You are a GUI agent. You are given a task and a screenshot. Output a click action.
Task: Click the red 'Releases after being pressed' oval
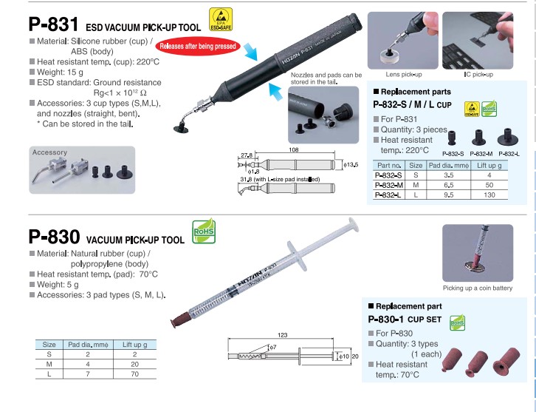198,46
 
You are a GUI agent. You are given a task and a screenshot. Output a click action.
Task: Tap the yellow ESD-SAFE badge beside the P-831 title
221,19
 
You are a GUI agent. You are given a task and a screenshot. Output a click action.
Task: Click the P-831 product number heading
54,24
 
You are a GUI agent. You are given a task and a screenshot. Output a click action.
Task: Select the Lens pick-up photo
402,41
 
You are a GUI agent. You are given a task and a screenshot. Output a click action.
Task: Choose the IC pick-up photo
478,41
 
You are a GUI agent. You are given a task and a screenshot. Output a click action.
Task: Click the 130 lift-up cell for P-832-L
489,195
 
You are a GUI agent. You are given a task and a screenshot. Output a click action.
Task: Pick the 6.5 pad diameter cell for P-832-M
448,185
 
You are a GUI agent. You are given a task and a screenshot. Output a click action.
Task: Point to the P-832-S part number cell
388,175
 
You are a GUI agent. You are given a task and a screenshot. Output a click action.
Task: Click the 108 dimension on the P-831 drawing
294,149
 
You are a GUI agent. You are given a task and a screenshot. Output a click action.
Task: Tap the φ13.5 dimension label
351,165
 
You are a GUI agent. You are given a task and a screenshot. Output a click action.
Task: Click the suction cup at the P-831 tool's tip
181,129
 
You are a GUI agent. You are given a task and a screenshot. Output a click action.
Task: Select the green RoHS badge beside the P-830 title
204,232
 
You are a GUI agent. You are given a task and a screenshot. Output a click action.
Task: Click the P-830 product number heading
55,237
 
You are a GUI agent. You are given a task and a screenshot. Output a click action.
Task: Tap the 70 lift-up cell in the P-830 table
134,374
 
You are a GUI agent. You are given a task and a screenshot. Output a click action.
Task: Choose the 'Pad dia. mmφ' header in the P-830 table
88,345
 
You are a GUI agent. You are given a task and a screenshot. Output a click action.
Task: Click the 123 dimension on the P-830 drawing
282,335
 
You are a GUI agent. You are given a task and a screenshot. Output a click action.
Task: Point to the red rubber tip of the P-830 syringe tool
180,320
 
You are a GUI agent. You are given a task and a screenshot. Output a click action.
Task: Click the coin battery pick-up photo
478,253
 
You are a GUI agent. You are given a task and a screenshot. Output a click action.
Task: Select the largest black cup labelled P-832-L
508,137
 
